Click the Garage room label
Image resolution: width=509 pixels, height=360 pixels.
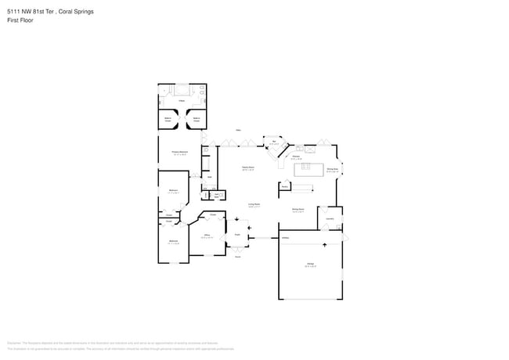point(310,265)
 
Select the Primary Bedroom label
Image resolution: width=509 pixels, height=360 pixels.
point(179,152)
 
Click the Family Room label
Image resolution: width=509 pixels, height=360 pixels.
point(247,167)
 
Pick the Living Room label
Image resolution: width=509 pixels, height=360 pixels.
point(254,205)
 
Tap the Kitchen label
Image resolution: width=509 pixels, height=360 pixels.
point(297,157)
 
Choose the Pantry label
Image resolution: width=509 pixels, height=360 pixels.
point(285,187)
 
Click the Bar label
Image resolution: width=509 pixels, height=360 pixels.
point(274,142)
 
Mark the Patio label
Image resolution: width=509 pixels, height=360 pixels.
point(237,130)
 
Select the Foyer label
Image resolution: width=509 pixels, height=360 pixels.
point(237,234)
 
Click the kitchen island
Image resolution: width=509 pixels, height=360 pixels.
point(309,168)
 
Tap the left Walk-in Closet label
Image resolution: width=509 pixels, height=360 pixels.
point(168,120)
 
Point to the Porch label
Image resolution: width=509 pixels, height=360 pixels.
point(237,256)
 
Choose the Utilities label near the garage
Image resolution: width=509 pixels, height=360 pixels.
point(286,236)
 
